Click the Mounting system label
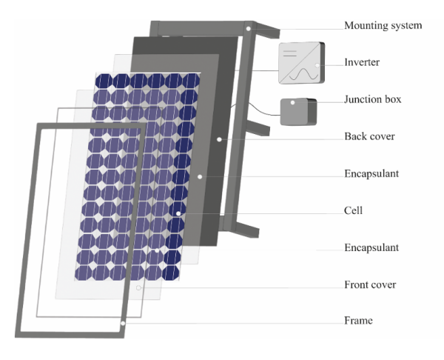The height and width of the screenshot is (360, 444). click(x=383, y=26)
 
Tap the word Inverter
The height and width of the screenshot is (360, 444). click(x=362, y=63)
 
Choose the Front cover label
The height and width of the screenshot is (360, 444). click(x=370, y=284)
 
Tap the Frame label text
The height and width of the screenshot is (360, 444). click(x=358, y=321)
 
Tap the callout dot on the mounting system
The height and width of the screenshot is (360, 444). click(x=251, y=28)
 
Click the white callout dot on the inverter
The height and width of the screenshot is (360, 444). click(x=317, y=65)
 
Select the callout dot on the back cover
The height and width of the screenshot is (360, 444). click(x=220, y=139)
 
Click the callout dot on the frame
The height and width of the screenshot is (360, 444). click(x=122, y=323)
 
